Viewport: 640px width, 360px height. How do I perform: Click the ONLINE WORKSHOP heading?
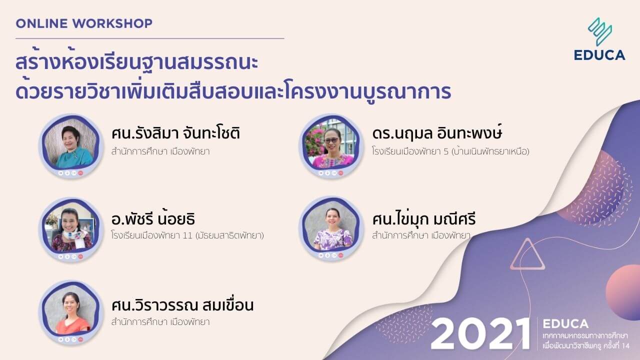[x=84, y=23]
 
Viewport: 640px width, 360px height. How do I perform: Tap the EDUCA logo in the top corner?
[x=599, y=39]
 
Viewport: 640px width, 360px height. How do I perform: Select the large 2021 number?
[x=480, y=333]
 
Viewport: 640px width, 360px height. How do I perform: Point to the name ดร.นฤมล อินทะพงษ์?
[x=437, y=134]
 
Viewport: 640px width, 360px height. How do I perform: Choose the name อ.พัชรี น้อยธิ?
[x=153, y=219]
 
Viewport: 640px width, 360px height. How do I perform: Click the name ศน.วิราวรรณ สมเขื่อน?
[x=182, y=304]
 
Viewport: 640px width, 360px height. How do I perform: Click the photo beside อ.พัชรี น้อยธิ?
[x=68, y=229]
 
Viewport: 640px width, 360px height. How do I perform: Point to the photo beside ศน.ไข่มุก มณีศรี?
[x=330, y=229]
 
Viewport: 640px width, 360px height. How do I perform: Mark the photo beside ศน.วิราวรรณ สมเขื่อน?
[x=68, y=313]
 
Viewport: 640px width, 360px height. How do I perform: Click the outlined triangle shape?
[x=526, y=255]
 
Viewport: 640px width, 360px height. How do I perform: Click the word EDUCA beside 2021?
[x=565, y=323]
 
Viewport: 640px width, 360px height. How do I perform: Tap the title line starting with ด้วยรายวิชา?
[x=233, y=92]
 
